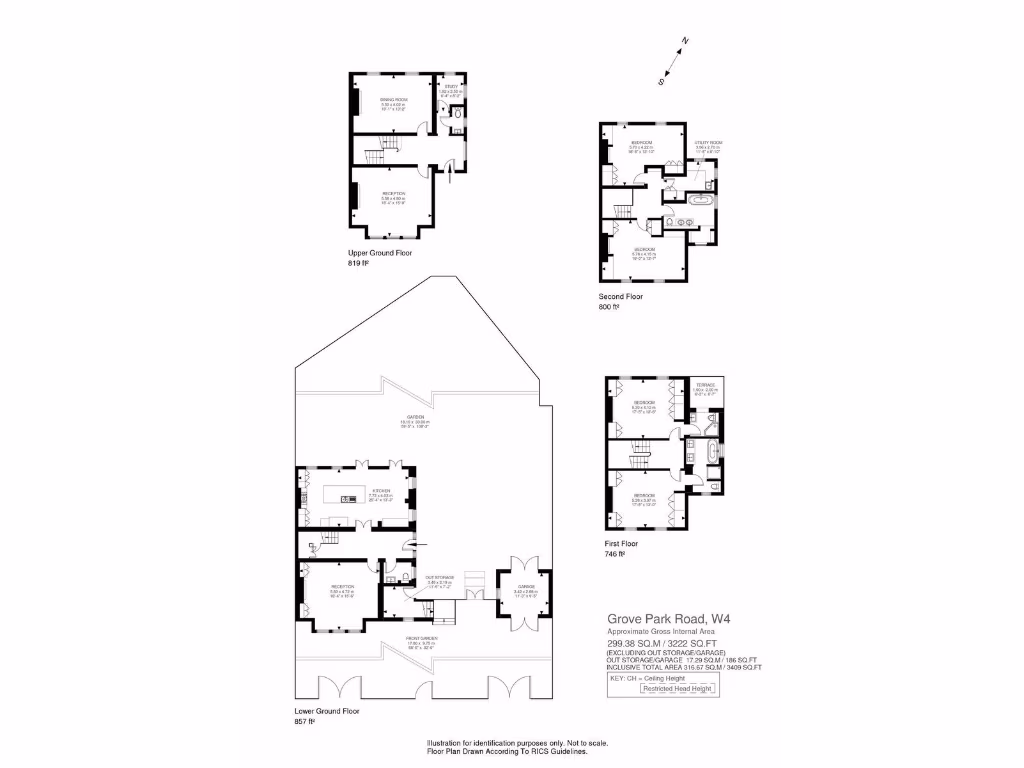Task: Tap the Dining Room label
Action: [x=393, y=100]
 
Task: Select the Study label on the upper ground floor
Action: [x=451, y=87]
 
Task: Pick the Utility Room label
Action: [x=709, y=142]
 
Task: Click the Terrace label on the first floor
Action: [x=706, y=384]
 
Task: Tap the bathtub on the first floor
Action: [x=712, y=453]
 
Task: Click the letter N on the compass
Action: [x=685, y=41]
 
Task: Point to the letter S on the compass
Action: [x=661, y=80]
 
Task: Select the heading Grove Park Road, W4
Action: [x=668, y=618]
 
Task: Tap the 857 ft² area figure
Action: [x=305, y=721]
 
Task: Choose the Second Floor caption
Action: [x=621, y=297]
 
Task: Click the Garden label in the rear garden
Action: [x=414, y=416]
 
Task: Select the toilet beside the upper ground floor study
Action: [x=458, y=116]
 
